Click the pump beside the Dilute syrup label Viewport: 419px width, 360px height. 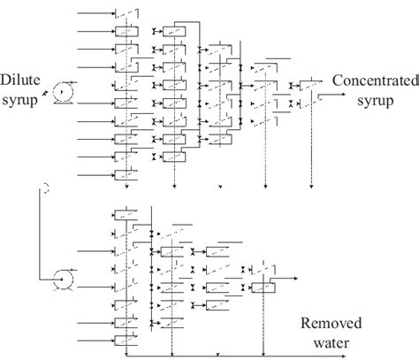click(63, 89)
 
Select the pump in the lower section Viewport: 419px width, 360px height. click(63, 280)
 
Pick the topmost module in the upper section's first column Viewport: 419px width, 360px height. click(126, 15)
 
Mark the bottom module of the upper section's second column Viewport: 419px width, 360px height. click(173, 157)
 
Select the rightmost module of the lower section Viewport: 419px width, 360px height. click(263, 287)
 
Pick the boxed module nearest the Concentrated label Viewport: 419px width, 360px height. click(308, 86)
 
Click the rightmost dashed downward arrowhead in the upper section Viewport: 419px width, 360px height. click(310, 187)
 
